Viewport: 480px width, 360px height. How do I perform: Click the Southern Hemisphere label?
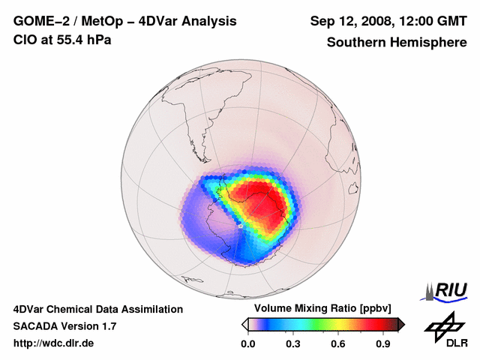[x=396, y=42]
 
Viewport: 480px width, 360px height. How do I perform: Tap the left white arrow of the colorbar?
[x=244, y=324]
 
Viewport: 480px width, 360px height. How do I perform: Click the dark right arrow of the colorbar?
[x=401, y=324]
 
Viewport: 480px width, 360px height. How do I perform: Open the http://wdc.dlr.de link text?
[x=54, y=343]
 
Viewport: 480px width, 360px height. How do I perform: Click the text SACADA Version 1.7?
[x=64, y=326]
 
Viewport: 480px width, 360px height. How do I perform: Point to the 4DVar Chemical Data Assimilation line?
[x=97, y=309]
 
